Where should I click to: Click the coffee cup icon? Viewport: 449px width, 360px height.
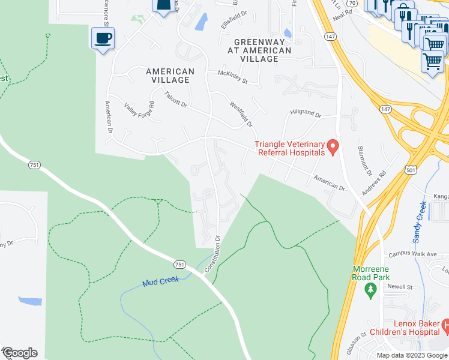103,39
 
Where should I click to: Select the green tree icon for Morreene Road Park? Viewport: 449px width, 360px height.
370,291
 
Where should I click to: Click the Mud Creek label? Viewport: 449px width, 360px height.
160,281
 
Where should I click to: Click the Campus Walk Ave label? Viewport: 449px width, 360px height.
412,254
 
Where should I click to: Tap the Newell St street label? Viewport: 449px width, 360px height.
400,287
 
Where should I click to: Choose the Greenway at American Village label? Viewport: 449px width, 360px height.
262,50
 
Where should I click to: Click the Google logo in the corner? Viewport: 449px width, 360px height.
20,353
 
